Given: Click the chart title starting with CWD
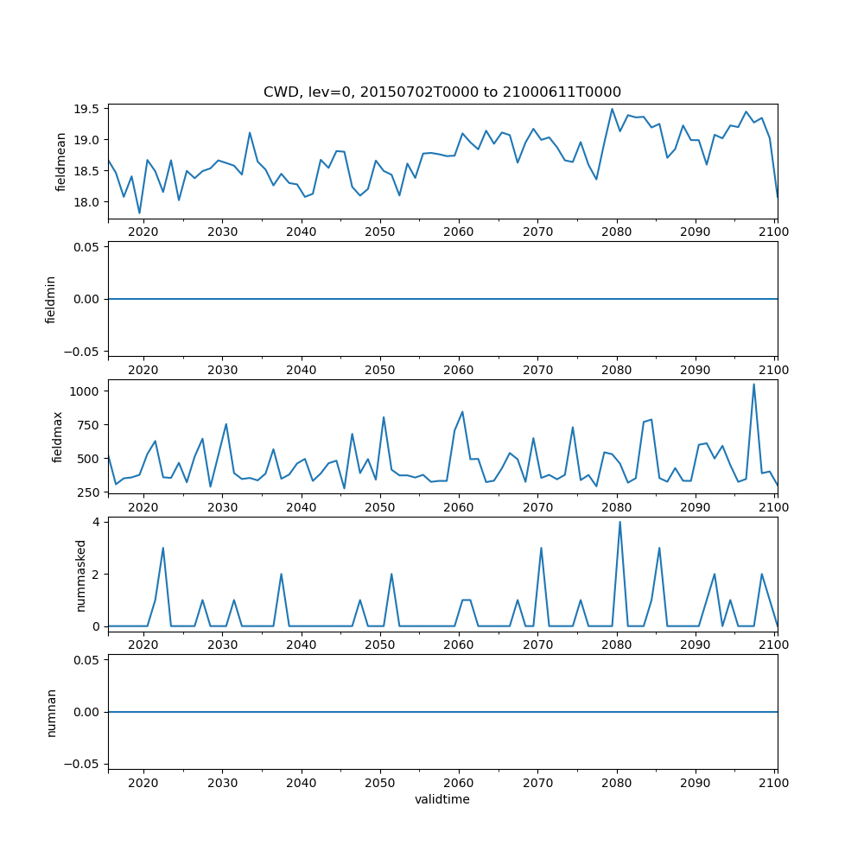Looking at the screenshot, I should point(442,92).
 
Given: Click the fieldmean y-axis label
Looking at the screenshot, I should point(61,162).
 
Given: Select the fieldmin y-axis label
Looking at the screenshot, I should point(51,299).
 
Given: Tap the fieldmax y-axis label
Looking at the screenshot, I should point(58,436).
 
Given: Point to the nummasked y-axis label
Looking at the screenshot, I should point(81,575).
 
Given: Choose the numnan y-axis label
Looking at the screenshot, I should point(51,712).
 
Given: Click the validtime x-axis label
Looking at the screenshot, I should point(442,799).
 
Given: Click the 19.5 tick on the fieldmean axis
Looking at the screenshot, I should point(89,109).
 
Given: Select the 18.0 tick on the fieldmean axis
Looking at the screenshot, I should point(89,202).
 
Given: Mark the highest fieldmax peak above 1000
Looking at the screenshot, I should point(753,384).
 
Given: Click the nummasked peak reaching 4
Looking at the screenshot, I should point(619,522).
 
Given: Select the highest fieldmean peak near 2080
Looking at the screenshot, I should point(613,109).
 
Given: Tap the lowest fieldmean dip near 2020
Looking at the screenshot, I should point(139,213).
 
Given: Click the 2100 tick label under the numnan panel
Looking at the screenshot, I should point(774,783).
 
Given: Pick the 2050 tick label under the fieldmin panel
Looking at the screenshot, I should point(379,370).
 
